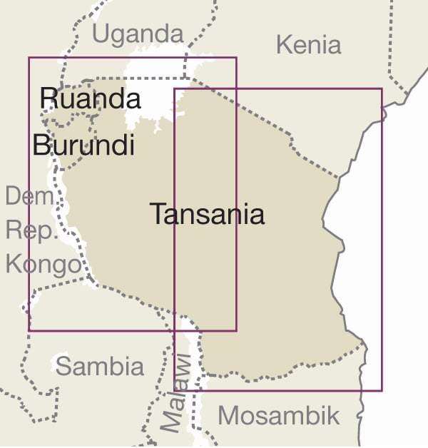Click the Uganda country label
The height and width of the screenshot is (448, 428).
click(138, 34)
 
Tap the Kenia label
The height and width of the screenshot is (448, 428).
click(308, 45)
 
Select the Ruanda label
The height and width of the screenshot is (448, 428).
click(90, 98)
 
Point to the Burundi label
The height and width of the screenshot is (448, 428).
click(83, 146)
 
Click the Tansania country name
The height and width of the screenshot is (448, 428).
click(207, 214)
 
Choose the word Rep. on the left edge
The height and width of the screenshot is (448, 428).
click(25, 230)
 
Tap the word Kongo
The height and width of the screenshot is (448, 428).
click(43, 265)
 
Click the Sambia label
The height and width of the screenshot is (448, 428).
click(99, 367)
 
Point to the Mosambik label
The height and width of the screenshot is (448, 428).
click(279, 415)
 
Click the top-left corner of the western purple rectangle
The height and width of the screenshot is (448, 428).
click(29, 58)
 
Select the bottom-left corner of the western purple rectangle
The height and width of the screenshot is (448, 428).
click(29, 330)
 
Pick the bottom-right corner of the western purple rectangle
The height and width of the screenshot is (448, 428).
click(236, 330)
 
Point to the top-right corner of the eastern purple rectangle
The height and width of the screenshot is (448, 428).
click(382, 89)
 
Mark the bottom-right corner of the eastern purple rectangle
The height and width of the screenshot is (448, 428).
click(382, 390)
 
